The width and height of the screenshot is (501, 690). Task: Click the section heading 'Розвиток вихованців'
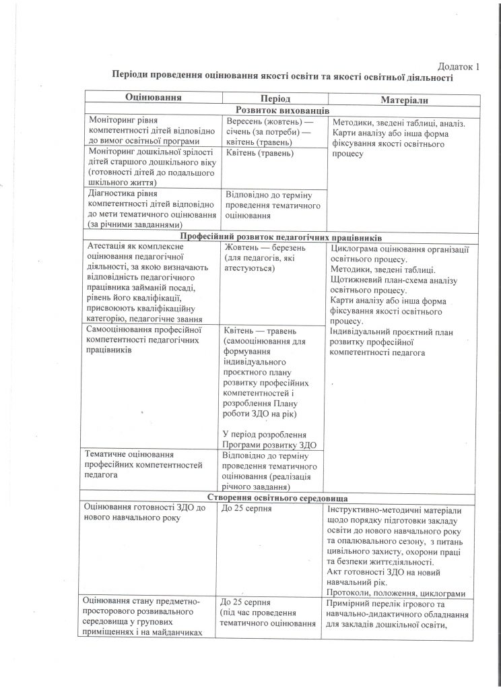[279, 111]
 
